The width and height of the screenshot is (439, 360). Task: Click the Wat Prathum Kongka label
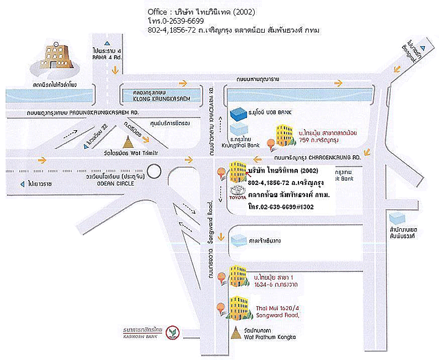275,337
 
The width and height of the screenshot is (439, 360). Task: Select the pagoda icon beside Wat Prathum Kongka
237,333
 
